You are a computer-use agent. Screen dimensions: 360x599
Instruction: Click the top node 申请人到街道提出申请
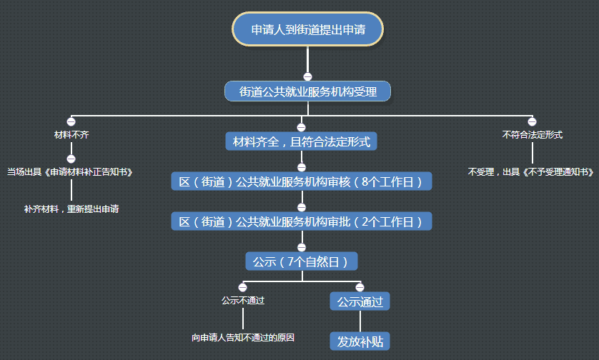tap(307, 29)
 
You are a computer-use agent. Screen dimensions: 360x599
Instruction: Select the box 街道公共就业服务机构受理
tap(307, 91)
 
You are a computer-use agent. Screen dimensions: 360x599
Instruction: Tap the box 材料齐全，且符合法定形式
tap(301, 141)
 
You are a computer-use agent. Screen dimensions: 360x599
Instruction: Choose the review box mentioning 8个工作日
tap(301, 181)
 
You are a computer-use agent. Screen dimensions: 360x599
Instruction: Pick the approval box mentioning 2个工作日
tap(301, 221)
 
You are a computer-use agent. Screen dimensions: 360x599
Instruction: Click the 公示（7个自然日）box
tap(301, 261)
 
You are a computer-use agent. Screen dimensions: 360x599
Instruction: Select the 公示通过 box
tap(360, 302)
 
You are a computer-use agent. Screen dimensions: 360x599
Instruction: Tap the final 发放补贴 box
tap(360, 341)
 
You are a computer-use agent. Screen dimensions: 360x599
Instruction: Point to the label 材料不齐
tap(71, 134)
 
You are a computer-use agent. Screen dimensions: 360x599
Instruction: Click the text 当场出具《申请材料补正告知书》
tap(71, 172)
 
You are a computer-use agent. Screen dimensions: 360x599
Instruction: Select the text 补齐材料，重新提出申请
tap(71, 209)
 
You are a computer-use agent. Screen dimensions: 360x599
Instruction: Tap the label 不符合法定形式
tap(532, 134)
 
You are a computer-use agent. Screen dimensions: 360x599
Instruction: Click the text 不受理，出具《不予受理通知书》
tap(532, 172)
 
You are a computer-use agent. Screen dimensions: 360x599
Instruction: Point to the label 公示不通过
tap(243, 300)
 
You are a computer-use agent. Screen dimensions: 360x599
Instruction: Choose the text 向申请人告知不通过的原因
tap(243, 337)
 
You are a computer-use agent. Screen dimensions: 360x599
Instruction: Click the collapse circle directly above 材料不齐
tap(71, 122)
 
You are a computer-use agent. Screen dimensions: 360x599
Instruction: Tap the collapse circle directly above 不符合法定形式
tap(532, 122)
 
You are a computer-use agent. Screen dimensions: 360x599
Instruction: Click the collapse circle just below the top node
tap(307, 76)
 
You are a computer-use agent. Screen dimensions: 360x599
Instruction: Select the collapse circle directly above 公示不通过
tap(243, 287)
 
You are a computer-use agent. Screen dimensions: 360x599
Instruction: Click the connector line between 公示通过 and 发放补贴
tap(360, 321)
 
